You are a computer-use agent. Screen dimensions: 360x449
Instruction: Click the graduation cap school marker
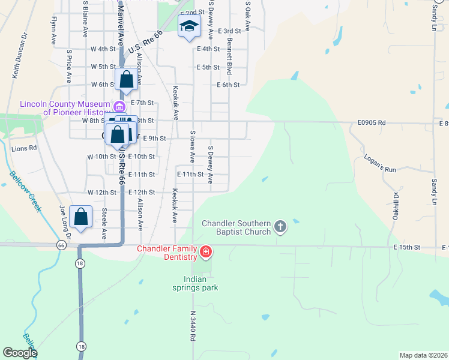(189, 26)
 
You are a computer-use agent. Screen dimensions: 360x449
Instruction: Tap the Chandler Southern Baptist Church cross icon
(279, 226)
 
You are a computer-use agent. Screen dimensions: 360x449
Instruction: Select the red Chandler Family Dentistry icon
(206, 251)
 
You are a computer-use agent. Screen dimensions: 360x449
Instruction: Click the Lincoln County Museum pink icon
(119, 107)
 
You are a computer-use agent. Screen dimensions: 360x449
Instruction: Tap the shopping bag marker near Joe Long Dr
(80, 217)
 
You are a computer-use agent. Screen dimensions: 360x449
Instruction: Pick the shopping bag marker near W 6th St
(127, 80)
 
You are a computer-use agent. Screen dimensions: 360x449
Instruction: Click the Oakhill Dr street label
(396, 206)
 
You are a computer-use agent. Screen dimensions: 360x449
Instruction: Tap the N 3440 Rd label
(193, 326)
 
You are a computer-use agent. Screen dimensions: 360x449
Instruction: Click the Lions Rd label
(24, 148)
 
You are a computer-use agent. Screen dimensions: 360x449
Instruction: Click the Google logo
(20, 353)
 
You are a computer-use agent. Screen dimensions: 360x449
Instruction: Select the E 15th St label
(406, 247)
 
